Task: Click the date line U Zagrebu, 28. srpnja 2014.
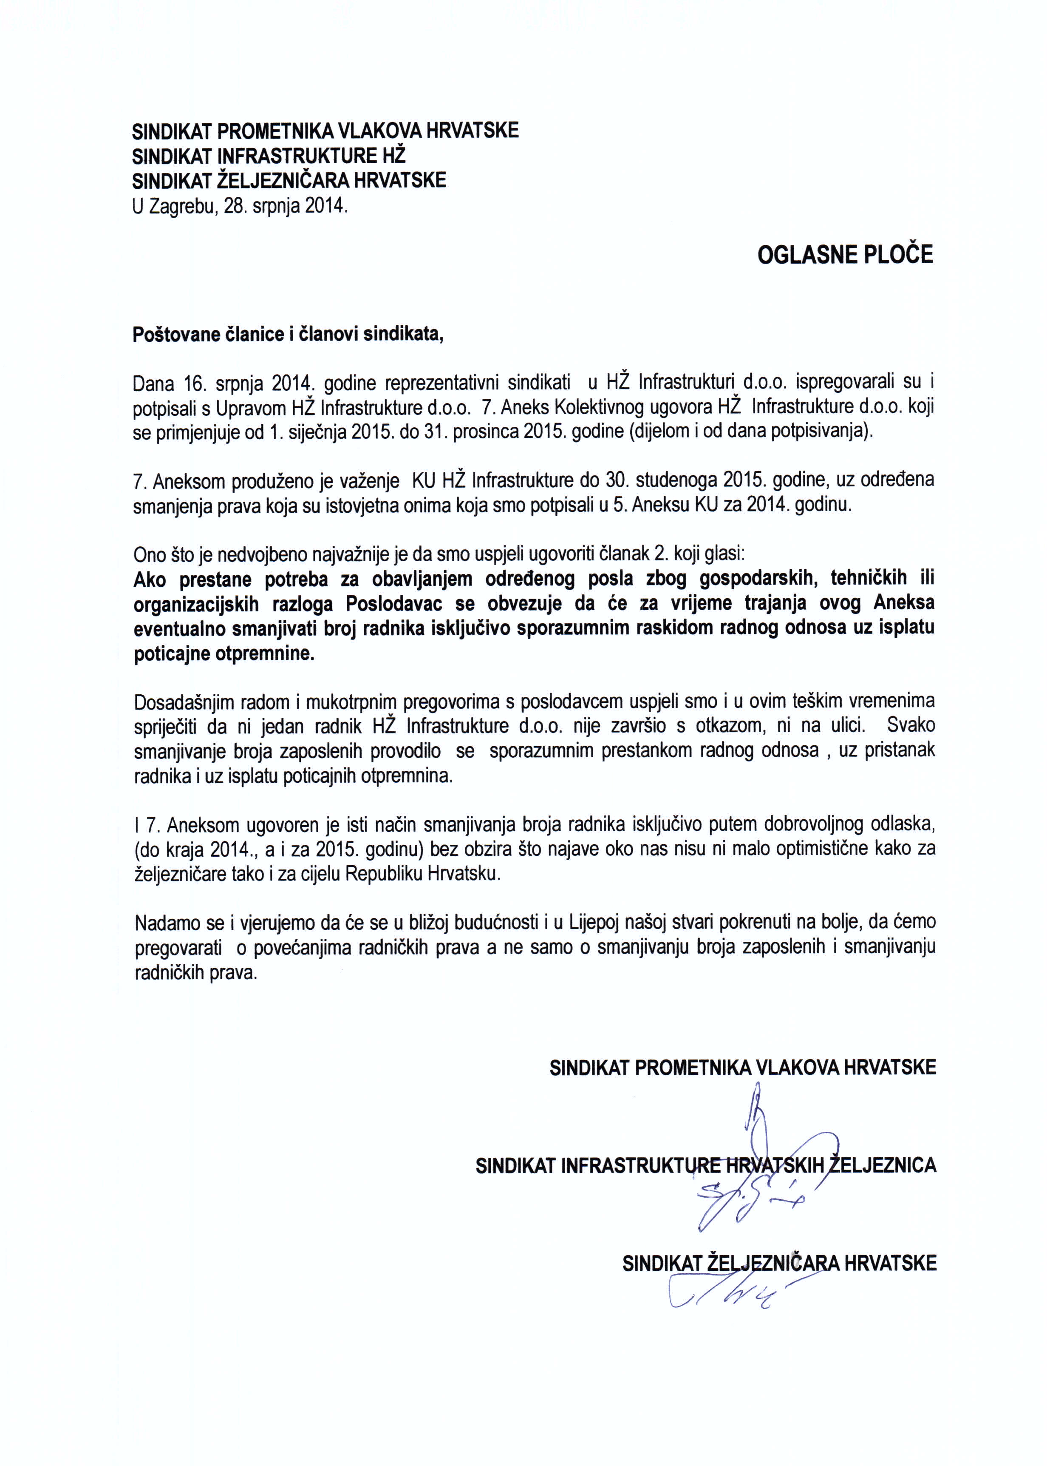pyautogui.click(x=240, y=206)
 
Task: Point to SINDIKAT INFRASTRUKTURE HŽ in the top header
pyautogui.click(x=269, y=156)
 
